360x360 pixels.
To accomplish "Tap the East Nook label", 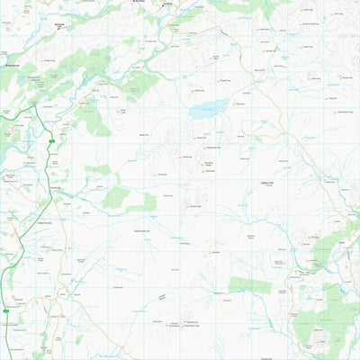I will click(140, 2).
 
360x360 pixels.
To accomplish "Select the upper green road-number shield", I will click(52, 141).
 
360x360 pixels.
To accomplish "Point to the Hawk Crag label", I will click(199, 90).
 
